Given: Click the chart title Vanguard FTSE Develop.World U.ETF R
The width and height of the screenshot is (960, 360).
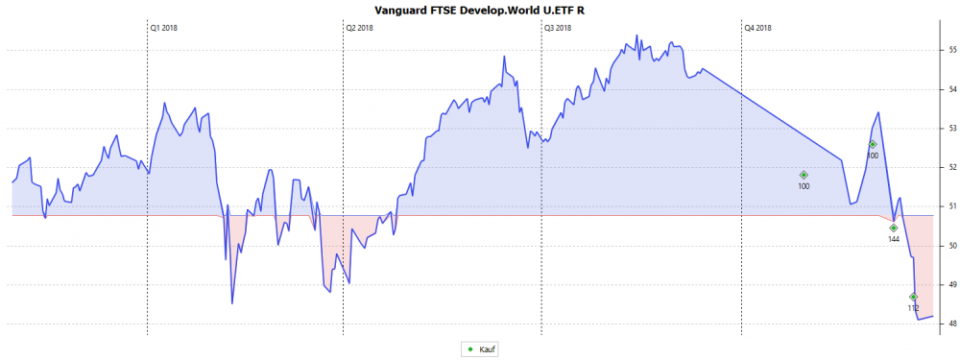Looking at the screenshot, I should [478, 9].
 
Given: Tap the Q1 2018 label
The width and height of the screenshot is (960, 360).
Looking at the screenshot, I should [164, 28].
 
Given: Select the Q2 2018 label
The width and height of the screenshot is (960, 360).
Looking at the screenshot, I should [359, 28].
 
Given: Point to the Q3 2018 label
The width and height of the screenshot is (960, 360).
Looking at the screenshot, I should [558, 28].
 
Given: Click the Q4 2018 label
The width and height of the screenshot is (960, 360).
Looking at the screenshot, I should [757, 28].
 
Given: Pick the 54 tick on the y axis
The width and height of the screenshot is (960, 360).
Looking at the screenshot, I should [951, 89].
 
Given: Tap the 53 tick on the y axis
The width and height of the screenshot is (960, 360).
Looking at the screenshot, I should [951, 128].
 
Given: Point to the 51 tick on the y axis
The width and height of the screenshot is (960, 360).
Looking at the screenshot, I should [951, 206].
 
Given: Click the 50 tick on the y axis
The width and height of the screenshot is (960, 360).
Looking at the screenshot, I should [951, 246].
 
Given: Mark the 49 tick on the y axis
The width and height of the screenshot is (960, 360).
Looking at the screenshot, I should [951, 284].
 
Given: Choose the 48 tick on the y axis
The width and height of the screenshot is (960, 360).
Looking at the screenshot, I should [951, 324].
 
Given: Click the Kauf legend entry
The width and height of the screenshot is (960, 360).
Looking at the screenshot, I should [488, 349].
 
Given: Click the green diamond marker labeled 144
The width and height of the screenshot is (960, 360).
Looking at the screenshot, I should [893, 228].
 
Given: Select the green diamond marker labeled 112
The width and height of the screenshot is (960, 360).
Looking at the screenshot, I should [913, 297].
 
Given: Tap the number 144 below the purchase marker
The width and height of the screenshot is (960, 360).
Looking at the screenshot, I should [894, 239].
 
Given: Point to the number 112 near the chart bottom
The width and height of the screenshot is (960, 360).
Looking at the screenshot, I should [913, 308].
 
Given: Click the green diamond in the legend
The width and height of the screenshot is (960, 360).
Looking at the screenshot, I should [470, 349].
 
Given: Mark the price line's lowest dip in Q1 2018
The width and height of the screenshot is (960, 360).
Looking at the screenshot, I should [232, 303].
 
